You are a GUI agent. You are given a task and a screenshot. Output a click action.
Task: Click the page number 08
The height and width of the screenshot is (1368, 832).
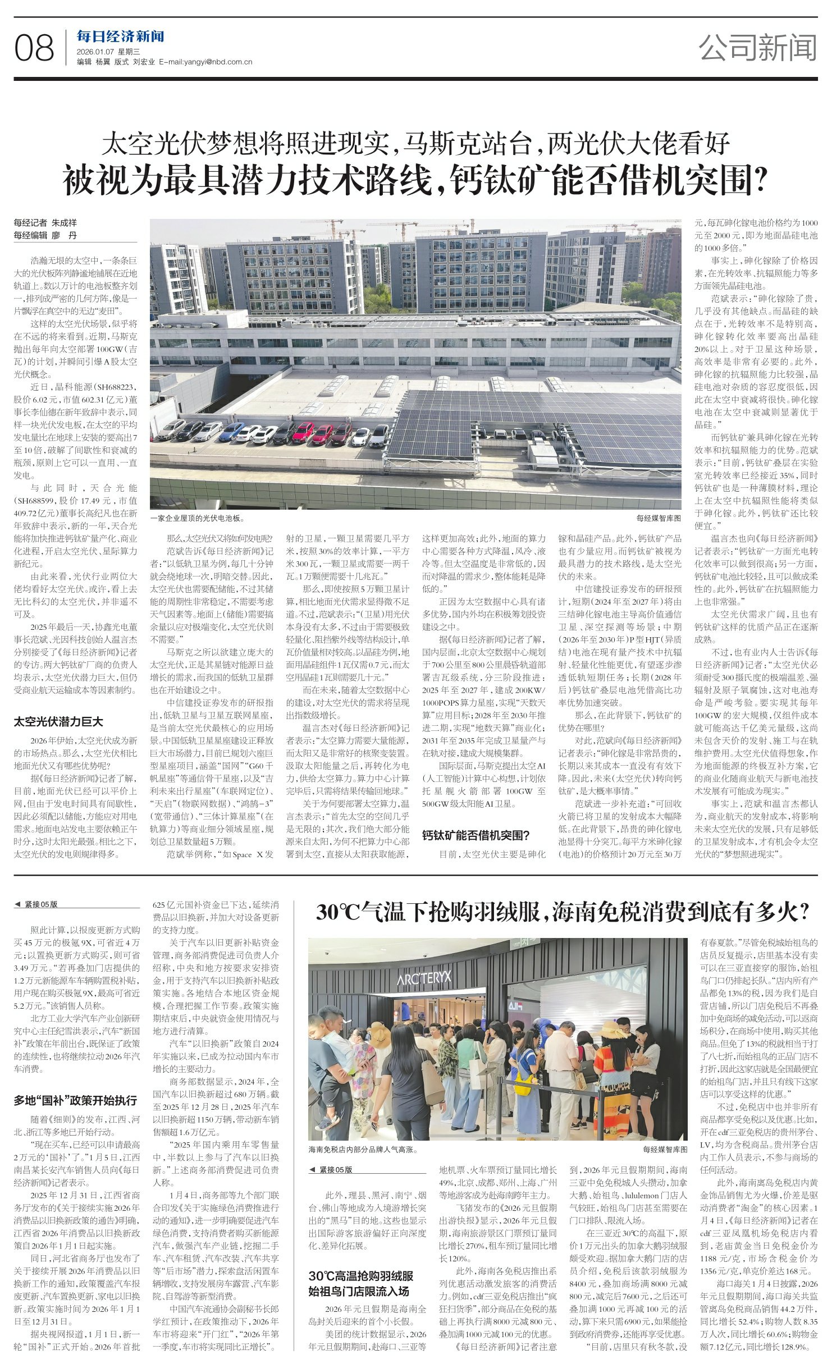pyautogui.click(x=34, y=48)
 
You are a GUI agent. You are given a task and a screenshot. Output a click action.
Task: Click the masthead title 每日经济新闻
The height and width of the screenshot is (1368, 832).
pyautogui.click(x=121, y=37)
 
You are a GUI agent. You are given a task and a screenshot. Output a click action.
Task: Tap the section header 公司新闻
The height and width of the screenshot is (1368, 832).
pyautogui.click(x=757, y=48)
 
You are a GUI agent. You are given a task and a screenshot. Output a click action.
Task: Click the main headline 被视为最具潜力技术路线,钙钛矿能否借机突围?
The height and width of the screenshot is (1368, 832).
pyautogui.click(x=415, y=180)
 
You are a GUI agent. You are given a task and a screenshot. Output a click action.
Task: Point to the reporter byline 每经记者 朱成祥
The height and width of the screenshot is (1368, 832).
pyautogui.click(x=45, y=223)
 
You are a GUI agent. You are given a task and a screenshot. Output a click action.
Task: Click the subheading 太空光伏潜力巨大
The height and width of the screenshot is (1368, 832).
pyautogui.click(x=58, y=722)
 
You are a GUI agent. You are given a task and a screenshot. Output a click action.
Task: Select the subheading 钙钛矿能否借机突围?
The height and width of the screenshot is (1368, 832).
pyautogui.click(x=476, y=835)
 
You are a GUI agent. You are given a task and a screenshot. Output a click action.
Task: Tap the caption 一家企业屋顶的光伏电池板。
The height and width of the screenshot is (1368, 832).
pyautogui.click(x=198, y=519)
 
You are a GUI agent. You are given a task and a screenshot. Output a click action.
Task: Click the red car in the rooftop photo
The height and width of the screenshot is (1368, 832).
pyautogui.click(x=303, y=432)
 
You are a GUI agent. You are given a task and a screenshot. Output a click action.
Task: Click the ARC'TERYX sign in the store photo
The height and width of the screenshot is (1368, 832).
pyautogui.click(x=424, y=977)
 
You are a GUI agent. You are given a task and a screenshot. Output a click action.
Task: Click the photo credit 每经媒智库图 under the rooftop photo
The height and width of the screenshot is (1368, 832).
pyautogui.click(x=659, y=519)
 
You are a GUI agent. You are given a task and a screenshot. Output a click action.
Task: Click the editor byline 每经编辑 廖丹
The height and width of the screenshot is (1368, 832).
pyautogui.click(x=45, y=236)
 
